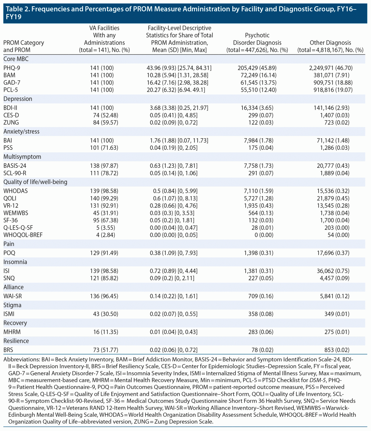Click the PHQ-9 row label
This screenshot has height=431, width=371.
[x=12, y=68]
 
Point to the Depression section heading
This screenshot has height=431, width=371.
[x=18, y=99]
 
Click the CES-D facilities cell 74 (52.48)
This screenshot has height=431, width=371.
[x=106, y=115]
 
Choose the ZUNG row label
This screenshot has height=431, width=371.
[x=11, y=123]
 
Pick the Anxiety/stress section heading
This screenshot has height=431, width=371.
[x=21, y=131]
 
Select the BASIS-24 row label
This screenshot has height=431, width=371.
[x=15, y=166]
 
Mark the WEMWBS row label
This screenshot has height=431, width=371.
[x=16, y=213]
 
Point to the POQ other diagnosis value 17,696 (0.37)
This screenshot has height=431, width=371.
[x=333, y=253]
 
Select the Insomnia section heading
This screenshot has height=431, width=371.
[x=15, y=262]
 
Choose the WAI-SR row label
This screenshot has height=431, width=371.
[x=13, y=296]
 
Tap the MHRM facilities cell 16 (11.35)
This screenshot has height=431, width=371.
[x=106, y=332]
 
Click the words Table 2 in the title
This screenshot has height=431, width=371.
[x=17, y=9]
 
